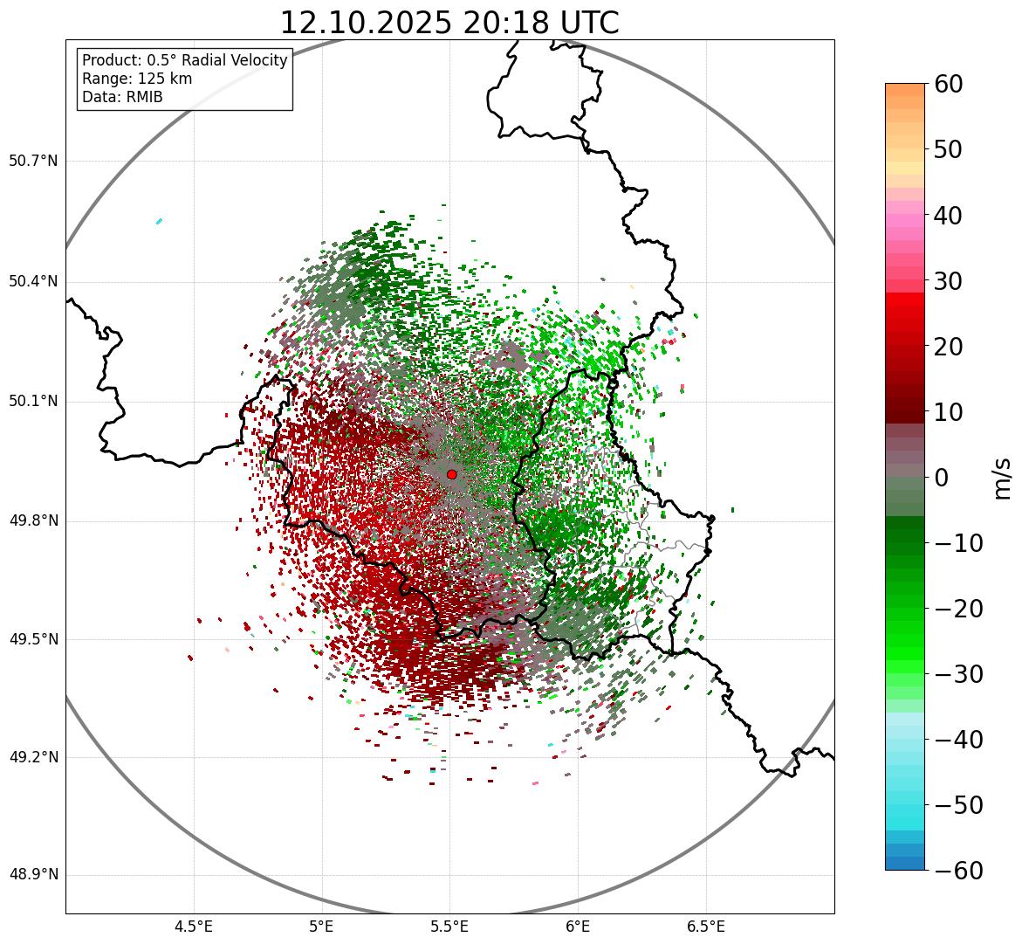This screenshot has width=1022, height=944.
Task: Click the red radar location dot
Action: point(451,474)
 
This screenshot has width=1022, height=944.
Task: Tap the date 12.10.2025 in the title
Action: point(365,24)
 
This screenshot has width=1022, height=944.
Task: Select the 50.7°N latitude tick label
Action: point(33,162)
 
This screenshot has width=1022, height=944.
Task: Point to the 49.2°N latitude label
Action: point(33,757)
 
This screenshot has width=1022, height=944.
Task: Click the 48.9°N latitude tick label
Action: point(33,875)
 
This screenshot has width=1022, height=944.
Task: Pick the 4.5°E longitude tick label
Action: point(194,927)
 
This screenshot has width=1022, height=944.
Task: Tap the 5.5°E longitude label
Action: point(450,927)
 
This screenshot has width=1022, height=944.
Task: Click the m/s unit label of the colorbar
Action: point(1004,478)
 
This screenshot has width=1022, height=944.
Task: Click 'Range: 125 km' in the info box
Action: point(137,79)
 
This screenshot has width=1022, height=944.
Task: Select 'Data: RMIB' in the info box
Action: point(122,97)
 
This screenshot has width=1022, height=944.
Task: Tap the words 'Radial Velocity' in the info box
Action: point(236,60)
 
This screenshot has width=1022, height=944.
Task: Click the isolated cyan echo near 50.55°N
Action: point(159,221)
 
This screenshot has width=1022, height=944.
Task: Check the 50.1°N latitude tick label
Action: point(33,402)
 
